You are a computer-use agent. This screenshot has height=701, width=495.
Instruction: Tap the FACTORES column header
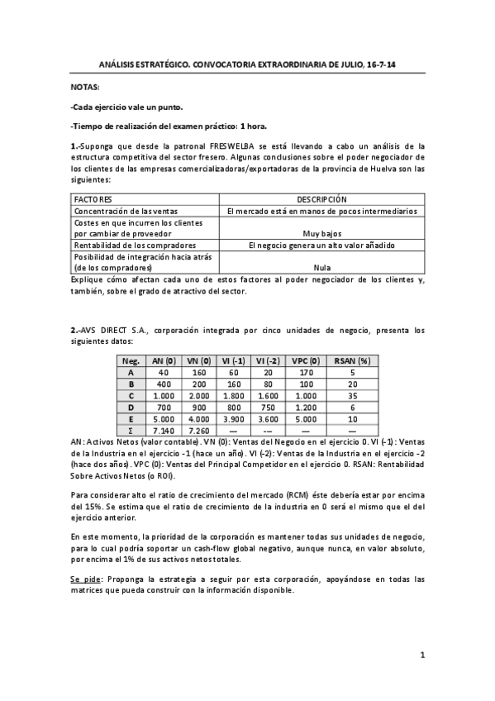93,199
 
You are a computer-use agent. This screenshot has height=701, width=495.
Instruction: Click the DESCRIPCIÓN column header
321,199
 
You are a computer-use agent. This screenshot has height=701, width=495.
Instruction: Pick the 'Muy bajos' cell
321,234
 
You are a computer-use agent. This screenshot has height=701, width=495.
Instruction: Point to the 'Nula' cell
321,268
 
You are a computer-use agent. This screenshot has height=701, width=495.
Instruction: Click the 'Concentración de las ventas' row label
121,211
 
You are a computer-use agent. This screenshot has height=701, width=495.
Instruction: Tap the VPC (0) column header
306,360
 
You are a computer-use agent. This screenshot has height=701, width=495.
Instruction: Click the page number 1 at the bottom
421,656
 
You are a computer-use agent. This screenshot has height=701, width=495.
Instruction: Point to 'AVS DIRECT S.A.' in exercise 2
117,329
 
